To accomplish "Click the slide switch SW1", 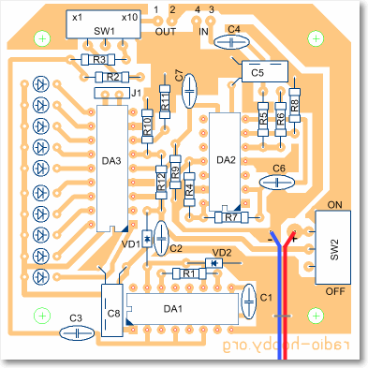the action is tap(104, 24).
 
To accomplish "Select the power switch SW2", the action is tap(333, 247).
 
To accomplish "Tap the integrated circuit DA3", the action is tap(112, 169).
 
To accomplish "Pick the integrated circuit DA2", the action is tap(225, 161).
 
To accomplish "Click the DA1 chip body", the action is tap(183, 309).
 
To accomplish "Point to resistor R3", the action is tap(98, 59).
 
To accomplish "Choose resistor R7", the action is tap(231, 217).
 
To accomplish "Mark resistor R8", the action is tap(295, 105).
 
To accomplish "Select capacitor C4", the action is tap(231, 41).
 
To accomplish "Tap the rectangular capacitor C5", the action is tap(265, 71).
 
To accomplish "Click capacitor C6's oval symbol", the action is tap(277, 183).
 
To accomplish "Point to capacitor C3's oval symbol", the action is tap(77, 332).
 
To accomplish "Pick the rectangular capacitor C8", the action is tap(112, 310).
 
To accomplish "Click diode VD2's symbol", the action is tap(213, 263).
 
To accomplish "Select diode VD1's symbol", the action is tap(147, 239).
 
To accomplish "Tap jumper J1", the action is tap(111, 93).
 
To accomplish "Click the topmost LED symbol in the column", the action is tap(41, 83).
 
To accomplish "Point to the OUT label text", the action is tap(166, 32).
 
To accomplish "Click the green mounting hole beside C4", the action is tap(316, 38).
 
